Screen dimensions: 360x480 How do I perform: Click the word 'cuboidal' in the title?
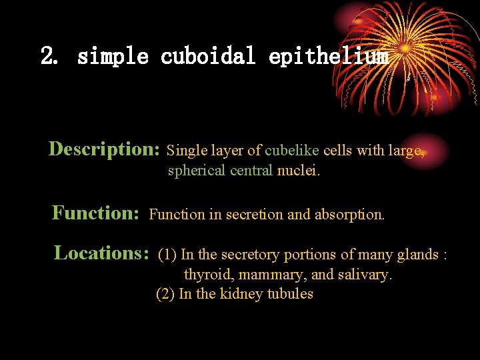(x=208, y=57)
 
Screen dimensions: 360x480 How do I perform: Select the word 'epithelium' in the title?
(x=329, y=57)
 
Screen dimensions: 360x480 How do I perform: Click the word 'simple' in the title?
(x=113, y=57)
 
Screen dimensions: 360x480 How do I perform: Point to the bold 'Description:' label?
(x=104, y=149)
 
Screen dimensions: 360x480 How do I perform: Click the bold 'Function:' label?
(x=95, y=213)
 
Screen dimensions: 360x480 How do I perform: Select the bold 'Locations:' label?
(x=101, y=253)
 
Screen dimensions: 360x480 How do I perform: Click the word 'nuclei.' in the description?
(x=298, y=171)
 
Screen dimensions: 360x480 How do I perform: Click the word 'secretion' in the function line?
(x=254, y=215)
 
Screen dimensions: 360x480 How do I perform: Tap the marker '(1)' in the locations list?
(x=167, y=255)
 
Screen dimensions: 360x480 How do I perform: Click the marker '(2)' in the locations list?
(x=165, y=294)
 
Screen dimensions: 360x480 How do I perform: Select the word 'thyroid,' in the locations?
(x=203, y=275)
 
